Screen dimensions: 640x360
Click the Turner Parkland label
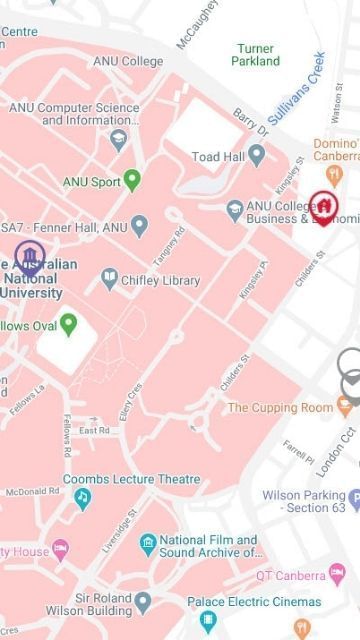pyautogui.click(x=255, y=54)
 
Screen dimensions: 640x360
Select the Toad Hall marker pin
pyautogui.click(x=257, y=156)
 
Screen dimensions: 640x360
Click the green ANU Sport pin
pyautogui.click(x=132, y=181)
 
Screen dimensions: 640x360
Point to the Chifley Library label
pyautogui.click(x=161, y=281)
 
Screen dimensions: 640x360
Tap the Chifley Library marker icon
pyautogui.click(x=110, y=280)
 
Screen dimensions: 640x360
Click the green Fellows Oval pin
pyautogui.click(x=68, y=324)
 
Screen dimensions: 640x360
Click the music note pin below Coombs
pyautogui.click(x=83, y=497)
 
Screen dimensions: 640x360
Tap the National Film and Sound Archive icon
pyautogui.click(x=148, y=544)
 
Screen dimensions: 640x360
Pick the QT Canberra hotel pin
pyautogui.click(x=337, y=574)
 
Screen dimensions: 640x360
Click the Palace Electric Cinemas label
pyautogui.click(x=254, y=602)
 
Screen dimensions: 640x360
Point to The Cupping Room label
pyautogui.click(x=280, y=407)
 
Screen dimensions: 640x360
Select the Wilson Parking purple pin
pyautogui.click(x=353, y=496)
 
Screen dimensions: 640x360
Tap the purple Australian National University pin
pyautogui.click(x=29, y=257)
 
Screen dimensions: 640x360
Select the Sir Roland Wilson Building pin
pyautogui.click(x=143, y=601)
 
